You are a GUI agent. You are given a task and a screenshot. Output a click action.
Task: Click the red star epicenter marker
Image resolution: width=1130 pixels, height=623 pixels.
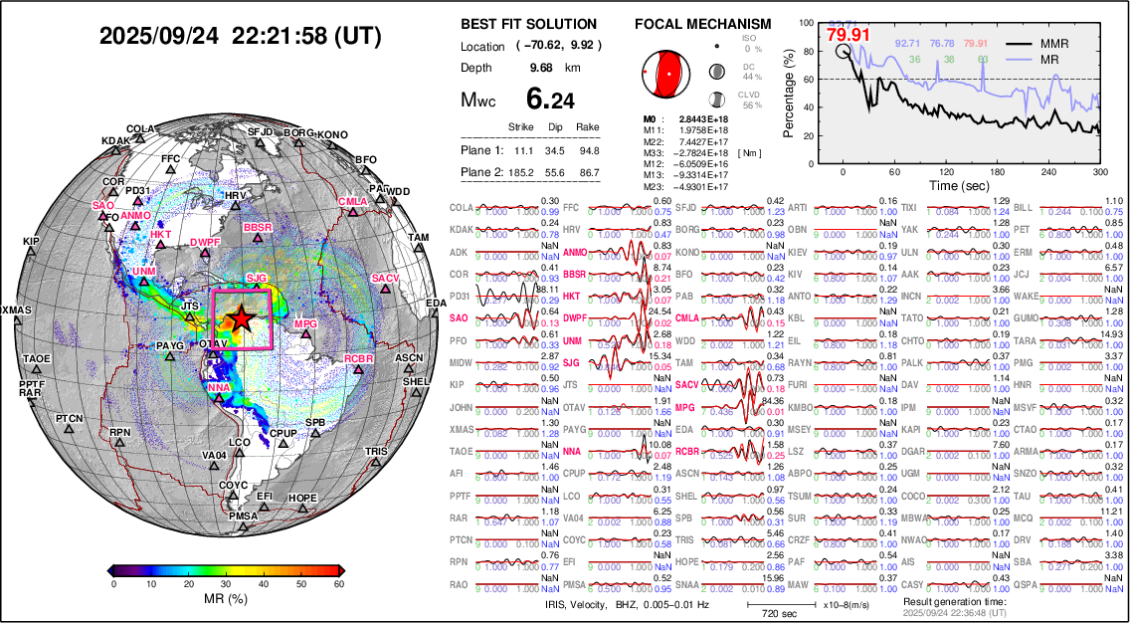click(240, 318)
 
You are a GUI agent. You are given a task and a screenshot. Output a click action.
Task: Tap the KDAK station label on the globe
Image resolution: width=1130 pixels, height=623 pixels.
click(115, 141)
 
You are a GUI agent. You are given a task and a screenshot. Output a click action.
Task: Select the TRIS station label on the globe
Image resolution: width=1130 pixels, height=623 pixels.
click(376, 452)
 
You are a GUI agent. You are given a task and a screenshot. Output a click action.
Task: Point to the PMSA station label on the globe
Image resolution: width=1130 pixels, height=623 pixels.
click(243, 517)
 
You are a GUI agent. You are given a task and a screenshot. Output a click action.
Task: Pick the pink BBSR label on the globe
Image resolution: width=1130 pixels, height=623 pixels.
click(257, 228)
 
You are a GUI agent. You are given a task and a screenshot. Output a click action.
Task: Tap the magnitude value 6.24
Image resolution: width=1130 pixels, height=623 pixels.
click(550, 100)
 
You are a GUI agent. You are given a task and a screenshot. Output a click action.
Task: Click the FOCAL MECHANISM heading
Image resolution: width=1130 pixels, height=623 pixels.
click(702, 24)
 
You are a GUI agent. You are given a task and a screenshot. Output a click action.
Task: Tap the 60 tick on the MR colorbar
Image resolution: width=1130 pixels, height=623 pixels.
click(338, 585)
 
